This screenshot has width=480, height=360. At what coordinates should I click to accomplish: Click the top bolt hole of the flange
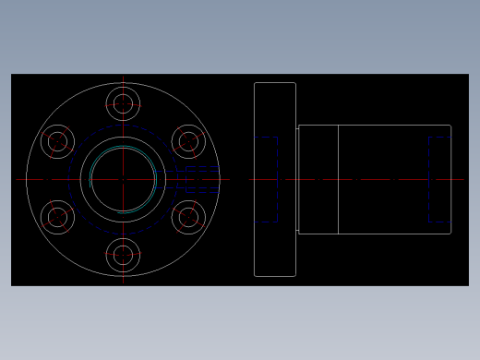[x=123, y=103]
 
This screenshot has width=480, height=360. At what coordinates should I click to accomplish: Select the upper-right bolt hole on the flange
[x=188, y=141]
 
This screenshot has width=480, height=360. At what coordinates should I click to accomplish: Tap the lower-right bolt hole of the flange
[x=188, y=217]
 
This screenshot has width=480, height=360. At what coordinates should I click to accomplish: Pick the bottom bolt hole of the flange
[x=123, y=254]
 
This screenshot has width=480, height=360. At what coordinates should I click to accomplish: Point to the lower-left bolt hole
[x=57, y=217]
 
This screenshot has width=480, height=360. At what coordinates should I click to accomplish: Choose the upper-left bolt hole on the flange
[x=57, y=141]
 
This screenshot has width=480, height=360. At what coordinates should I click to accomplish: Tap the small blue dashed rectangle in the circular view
[x=202, y=179]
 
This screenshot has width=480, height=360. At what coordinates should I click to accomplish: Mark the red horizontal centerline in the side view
[x=369, y=179]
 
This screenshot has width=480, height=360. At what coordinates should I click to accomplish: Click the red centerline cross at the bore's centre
[x=123, y=179]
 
